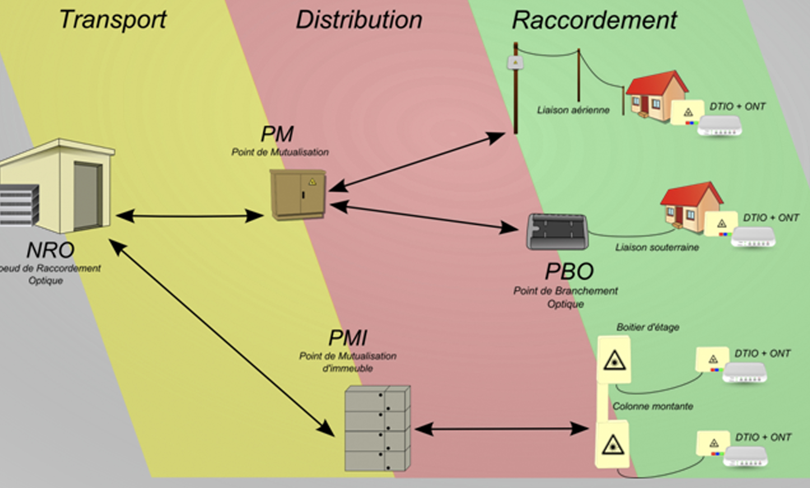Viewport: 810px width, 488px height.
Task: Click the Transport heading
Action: click(113, 20)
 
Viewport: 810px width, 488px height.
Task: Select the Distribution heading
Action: click(359, 20)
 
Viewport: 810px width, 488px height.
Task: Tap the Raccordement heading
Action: click(594, 20)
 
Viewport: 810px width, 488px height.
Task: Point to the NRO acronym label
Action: click(50, 250)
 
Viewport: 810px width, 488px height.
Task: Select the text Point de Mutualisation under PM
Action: click(280, 152)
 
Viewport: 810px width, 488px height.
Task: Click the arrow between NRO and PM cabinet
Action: click(190, 216)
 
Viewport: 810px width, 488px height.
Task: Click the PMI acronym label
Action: click(348, 338)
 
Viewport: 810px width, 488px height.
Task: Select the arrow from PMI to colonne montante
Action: click(502, 429)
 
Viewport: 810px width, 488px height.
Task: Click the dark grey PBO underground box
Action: click(557, 232)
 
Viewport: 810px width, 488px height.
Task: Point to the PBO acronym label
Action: click(569, 272)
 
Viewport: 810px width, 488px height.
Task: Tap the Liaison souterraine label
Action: click(657, 247)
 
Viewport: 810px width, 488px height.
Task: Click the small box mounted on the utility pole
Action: click(515, 62)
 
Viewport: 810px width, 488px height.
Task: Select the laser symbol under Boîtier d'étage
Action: click(614, 361)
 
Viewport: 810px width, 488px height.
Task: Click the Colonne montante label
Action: click(653, 406)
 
